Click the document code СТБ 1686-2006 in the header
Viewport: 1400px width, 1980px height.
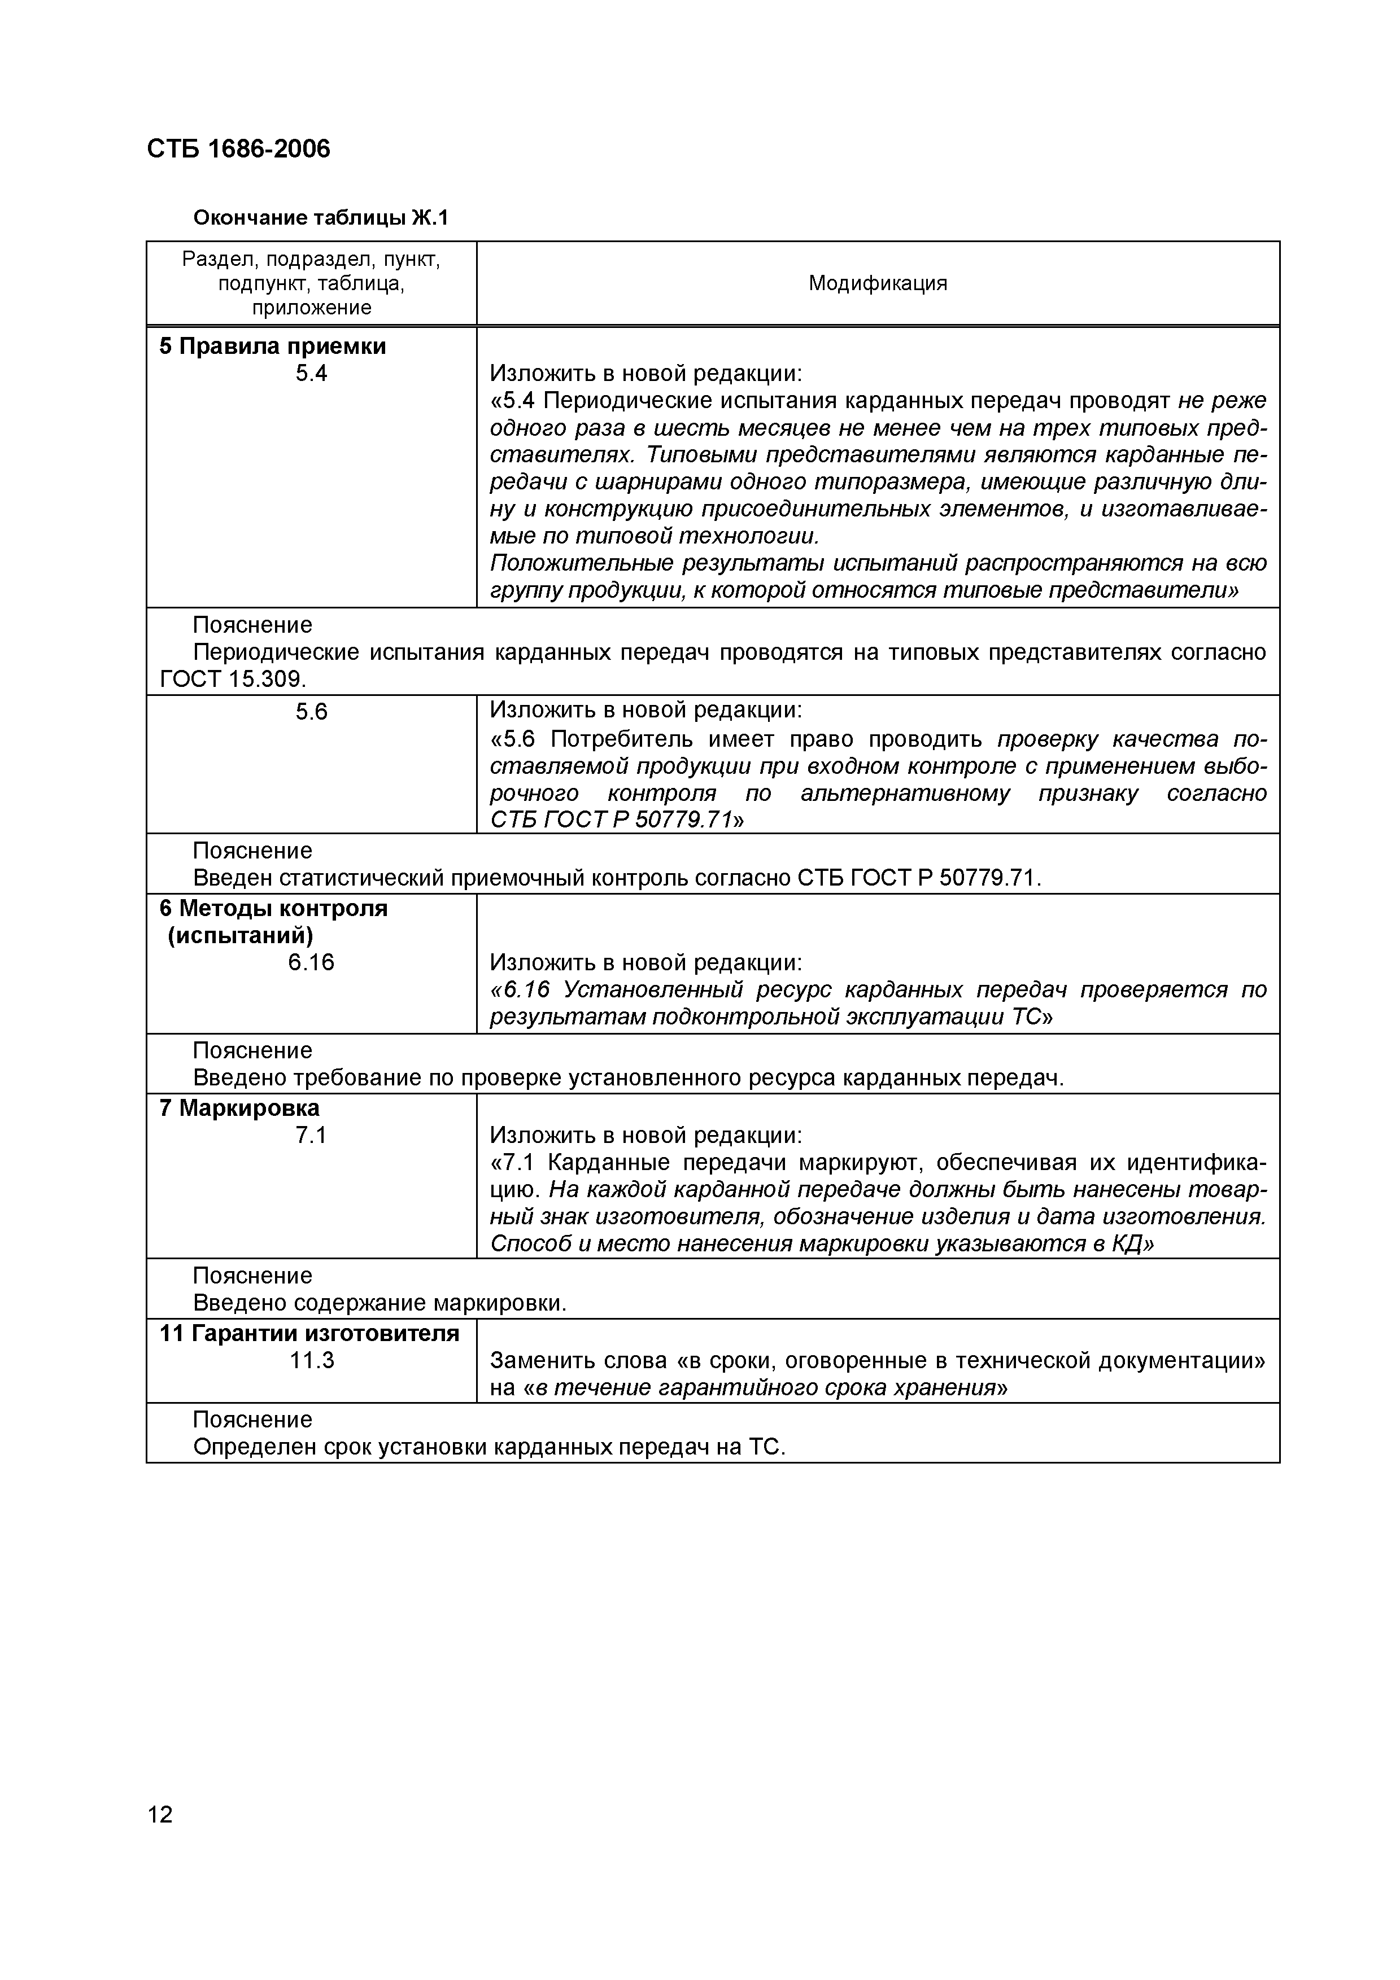pos(238,149)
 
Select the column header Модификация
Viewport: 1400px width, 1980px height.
pos(877,284)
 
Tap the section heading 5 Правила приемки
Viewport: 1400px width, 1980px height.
pos(273,346)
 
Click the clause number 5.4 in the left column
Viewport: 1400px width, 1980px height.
pos(311,374)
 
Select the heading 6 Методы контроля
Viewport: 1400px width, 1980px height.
pos(273,908)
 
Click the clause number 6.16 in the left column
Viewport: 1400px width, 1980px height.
pos(311,962)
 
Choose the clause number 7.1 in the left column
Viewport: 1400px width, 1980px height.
pos(311,1136)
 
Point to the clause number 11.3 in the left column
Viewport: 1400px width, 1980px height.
pos(311,1361)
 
